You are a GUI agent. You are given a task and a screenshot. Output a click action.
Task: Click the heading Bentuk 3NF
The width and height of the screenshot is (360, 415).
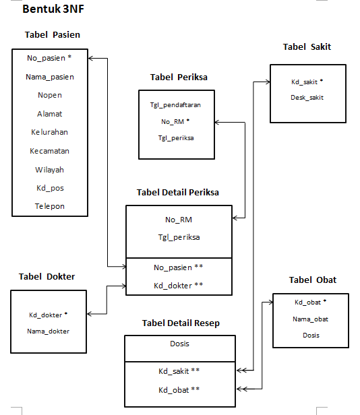click(54, 10)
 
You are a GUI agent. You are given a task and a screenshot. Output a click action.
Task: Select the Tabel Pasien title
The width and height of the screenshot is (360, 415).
click(57, 35)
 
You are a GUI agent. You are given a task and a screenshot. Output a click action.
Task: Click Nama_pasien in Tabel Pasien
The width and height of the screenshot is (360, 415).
click(50, 77)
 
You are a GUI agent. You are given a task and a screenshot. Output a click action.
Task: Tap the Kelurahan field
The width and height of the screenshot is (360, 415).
click(50, 132)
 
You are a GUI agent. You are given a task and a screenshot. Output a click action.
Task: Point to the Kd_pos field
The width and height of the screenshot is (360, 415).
click(50, 188)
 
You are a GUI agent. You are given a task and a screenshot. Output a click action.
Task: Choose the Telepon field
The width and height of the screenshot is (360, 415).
click(50, 206)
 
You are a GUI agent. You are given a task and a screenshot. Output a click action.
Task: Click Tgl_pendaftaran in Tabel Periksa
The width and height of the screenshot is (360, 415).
click(175, 105)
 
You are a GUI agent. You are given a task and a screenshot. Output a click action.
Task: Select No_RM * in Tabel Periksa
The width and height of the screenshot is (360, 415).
click(175, 121)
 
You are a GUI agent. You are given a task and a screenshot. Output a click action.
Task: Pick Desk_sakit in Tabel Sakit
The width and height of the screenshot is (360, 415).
click(307, 98)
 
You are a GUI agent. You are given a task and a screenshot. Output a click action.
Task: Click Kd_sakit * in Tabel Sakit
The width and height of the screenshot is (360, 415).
click(307, 82)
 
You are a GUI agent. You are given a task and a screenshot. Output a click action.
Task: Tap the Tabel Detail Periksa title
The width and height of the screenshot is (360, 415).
click(178, 192)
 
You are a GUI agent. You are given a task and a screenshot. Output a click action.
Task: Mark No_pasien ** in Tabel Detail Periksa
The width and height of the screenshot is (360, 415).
click(179, 267)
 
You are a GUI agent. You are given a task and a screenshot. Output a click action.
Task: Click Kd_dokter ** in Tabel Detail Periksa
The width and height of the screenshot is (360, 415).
click(179, 286)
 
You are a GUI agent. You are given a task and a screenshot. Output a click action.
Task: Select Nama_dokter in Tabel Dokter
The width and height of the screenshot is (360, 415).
click(49, 331)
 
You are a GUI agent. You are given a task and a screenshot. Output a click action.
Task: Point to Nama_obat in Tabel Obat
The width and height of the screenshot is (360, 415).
click(310, 319)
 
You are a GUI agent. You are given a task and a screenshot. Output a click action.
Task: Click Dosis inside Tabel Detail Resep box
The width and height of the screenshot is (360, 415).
click(179, 344)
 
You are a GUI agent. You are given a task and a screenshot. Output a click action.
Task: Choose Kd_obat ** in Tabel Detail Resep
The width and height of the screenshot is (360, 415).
click(179, 389)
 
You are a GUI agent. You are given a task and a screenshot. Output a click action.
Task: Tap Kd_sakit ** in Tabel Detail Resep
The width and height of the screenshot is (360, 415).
click(179, 371)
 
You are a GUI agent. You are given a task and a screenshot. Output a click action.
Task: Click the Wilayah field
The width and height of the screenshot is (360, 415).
click(50, 170)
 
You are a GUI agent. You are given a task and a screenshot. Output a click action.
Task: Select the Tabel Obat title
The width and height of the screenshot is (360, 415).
click(312, 280)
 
